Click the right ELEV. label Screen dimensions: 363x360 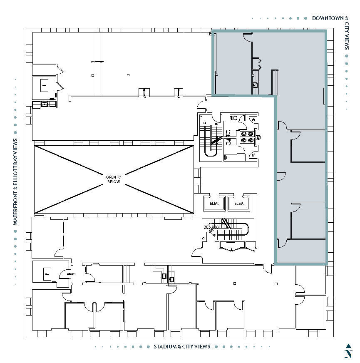click(x=238, y=204)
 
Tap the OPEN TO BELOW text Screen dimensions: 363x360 click(x=113, y=179)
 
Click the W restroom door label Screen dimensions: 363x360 click(x=253, y=119)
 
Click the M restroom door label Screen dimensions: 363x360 click(x=253, y=156)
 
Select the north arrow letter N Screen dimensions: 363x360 click(x=348, y=354)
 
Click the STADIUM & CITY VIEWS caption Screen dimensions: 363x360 click(x=182, y=346)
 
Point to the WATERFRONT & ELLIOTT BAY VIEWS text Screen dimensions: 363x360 click(x=15, y=182)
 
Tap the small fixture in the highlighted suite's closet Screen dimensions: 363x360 click(x=255, y=85)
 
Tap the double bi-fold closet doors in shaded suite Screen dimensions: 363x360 click(x=260, y=63)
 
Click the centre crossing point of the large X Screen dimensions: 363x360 click(x=113, y=179)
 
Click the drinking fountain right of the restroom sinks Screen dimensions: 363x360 click(x=258, y=137)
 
